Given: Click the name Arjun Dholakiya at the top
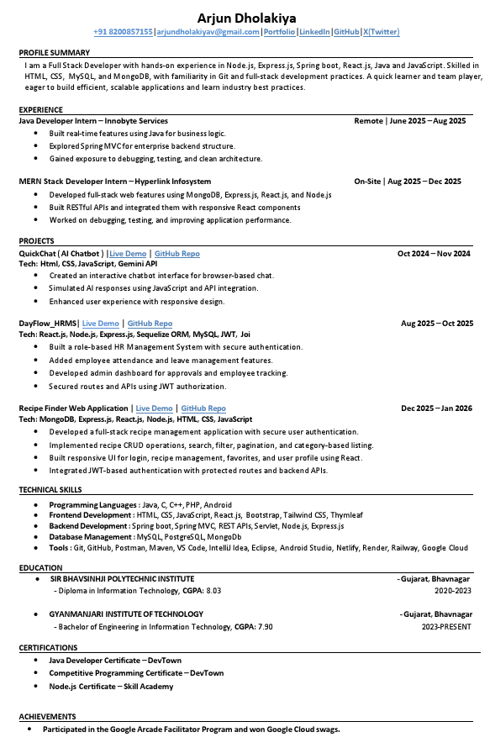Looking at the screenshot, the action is pyautogui.click(x=246, y=17).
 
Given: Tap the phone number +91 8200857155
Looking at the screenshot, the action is pyautogui.click(x=123, y=32).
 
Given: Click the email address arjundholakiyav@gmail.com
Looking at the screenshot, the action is pyautogui.click(x=208, y=32).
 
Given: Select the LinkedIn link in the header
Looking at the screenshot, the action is pyautogui.click(x=315, y=32).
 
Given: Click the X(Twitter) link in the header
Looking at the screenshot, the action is pyautogui.click(x=381, y=32).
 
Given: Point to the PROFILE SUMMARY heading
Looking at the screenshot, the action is pyautogui.click(x=54, y=52).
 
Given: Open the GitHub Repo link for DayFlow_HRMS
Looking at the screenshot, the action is pyautogui.click(x=150, y=323).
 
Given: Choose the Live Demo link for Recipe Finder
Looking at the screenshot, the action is pyautogui.click(x=154, y=408).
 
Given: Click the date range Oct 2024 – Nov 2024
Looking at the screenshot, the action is pyautogui.click(x=434, y=253).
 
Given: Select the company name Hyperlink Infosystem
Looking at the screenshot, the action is pyautogui.click(x=172, y=181).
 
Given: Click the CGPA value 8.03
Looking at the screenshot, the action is pyautogui.click(x=213, y=590).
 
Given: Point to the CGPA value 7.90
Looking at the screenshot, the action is pyautogui.click(x=265, y=626).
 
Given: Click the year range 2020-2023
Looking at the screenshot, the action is pyautogui.click(x=452, y=590).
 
